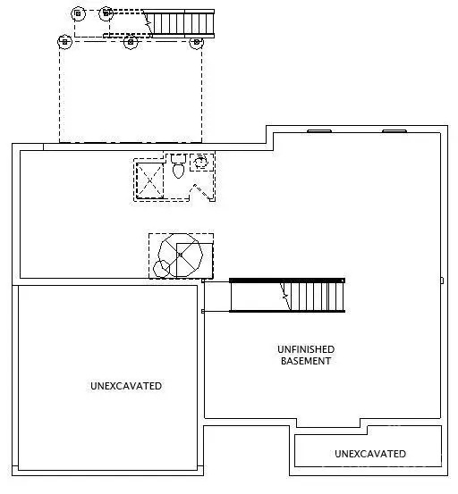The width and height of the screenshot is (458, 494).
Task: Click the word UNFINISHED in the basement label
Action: [x=305, y=349]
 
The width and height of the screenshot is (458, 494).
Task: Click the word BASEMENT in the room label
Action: [x=305, y=361]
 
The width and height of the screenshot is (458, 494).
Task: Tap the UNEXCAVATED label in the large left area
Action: [x=126, y=386]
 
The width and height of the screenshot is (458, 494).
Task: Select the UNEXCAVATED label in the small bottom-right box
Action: [x=369, y=454]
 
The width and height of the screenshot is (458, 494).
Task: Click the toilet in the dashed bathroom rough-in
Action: [x=177, y=166]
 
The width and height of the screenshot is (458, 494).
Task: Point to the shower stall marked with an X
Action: [x=149, y=179]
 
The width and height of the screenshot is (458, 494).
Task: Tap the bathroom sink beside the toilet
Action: [x=201, y=161]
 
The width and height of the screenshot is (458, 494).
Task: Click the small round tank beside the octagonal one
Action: [x=162, y=267]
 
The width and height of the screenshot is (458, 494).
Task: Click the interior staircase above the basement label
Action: [x=286, y=294]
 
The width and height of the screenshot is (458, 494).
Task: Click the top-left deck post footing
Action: [x=77, y=13]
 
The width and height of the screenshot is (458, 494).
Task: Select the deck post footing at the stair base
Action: [x=106, y=13]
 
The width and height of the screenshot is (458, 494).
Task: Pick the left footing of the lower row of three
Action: [x=63, y=41]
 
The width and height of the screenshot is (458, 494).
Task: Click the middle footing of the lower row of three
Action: [x=131, y=41]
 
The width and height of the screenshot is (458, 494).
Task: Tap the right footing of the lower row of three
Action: [x=198, y=41]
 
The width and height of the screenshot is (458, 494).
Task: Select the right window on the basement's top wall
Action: [x=394, y=131]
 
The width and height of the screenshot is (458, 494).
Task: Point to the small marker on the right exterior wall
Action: [x=442, y=280]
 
